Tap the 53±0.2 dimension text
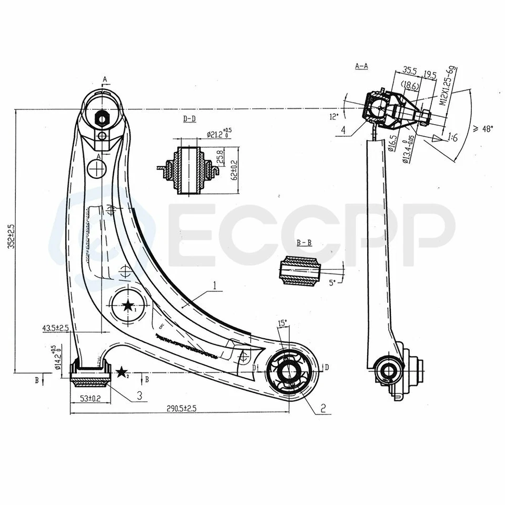point(90,399)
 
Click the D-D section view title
point(189,119)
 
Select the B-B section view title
point(304,243)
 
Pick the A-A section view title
point(361,66)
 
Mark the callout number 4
point(342,129)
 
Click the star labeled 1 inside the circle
point(127,306)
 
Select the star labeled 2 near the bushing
point(122,373)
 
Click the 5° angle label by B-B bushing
point(332,282)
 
